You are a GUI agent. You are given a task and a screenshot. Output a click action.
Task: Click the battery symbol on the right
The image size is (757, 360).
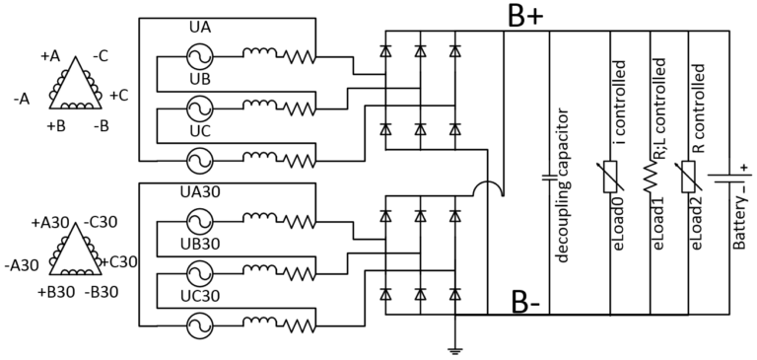point(729,180)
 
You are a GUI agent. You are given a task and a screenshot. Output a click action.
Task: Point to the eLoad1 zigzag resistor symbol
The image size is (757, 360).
point(651,180)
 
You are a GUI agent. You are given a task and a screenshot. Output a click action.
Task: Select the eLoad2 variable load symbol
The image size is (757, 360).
point(691,180)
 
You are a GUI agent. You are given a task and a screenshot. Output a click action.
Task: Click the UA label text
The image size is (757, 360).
point(200,32)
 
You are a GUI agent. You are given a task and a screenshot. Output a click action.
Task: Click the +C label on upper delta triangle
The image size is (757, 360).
point(118,96)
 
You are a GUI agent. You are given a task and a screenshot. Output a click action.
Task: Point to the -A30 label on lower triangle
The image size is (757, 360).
point(20,263)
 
